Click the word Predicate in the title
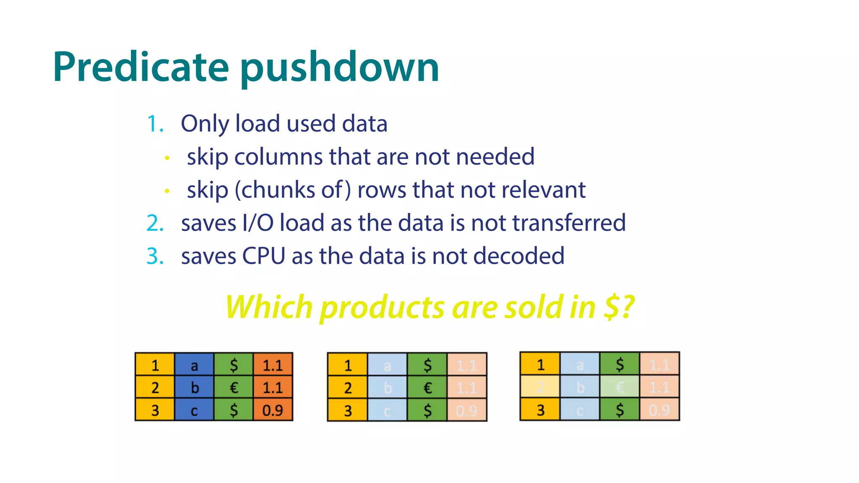pyautogui.click(x=141, y=67)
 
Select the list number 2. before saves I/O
pyautogui.click(x=155, y=223)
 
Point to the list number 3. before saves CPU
pyautogui.click(x=155, y=256)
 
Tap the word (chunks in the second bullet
pyautogui.click(x=275, y=190)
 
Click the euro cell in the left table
pyautogui.click(x=234, y=388)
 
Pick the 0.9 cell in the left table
pyautogui.click(x=273, y=410)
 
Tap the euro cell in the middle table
pyautogui.click(x=427, y=388)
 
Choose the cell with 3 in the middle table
pyautogui.click(x=348, y=410)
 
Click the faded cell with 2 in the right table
pyautogui.click(x=540, y=387)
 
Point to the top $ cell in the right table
pyautogui.click(x=620, y=365)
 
